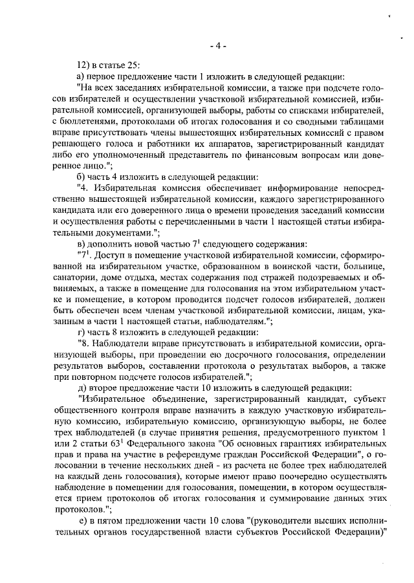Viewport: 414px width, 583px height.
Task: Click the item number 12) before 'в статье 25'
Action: coord(84,64)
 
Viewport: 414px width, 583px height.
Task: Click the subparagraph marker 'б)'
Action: coord(82,179)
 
